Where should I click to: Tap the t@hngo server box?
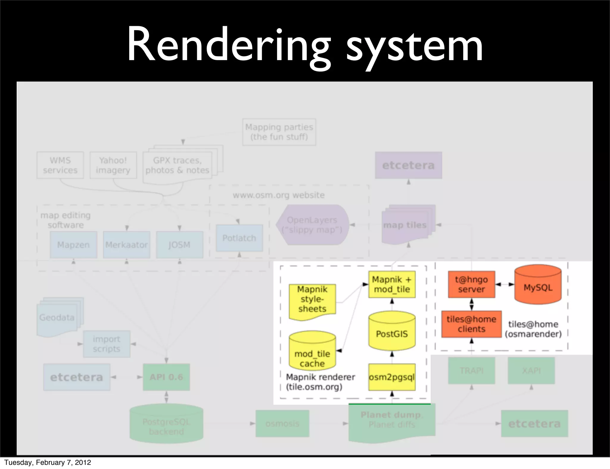471,284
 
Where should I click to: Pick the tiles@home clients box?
471,324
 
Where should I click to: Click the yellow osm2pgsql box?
392,377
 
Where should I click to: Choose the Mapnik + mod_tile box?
392,284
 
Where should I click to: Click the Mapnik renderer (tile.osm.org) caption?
320,382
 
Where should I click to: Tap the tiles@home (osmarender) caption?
533,329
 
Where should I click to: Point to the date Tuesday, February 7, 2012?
48,462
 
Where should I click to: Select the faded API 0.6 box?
166,377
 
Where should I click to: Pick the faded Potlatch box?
239,238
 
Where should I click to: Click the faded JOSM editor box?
179,245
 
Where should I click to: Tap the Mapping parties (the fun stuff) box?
279,132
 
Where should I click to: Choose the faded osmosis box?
282,423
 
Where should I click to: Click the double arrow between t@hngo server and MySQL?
505,284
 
